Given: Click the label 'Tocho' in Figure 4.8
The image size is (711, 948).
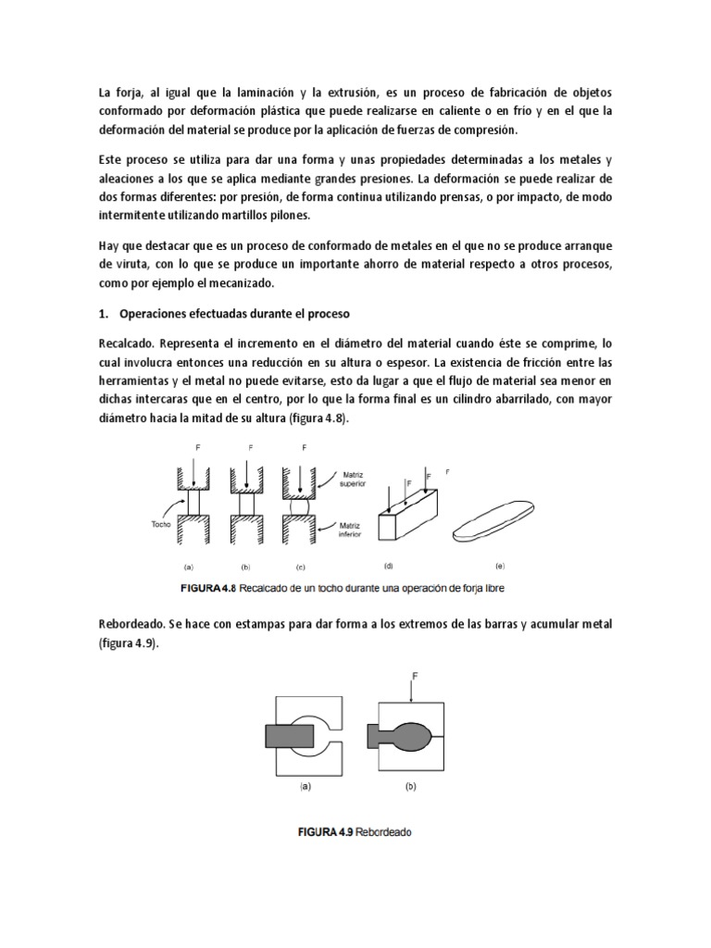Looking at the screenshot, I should tap(163, 522).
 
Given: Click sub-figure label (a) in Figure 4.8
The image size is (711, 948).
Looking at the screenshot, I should tap(189, 566).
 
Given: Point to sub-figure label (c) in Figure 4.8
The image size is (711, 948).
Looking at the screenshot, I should tap(300, 566).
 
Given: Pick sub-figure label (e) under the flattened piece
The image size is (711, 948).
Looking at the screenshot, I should tap(501, 565).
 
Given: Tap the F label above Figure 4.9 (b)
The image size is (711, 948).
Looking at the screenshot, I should tap(415, 677).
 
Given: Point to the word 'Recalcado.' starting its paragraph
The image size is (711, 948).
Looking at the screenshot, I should tap(127, 343).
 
